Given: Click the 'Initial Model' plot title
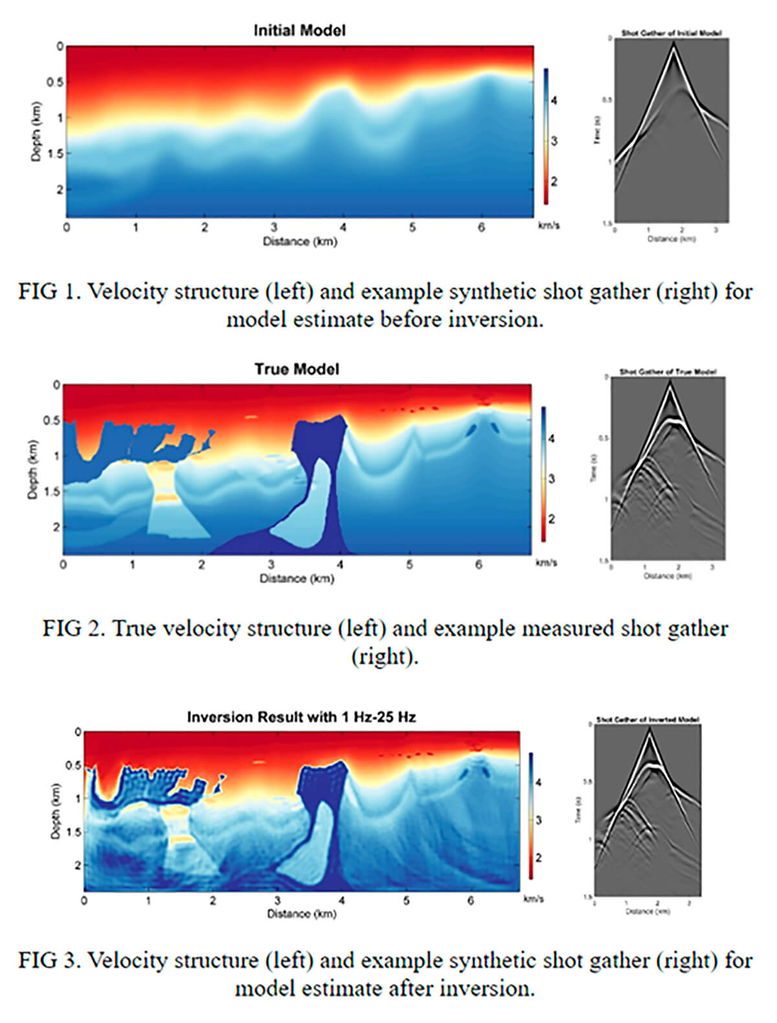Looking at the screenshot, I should tap(299, 30).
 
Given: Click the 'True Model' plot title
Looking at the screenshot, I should tap(297, 369).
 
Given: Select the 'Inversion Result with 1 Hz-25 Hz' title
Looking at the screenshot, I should tap(301, 717).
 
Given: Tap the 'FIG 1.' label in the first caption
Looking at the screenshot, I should tap(49, 291).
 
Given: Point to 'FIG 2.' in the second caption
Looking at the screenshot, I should tap(74, 628).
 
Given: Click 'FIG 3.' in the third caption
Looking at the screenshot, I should tap(49, 960).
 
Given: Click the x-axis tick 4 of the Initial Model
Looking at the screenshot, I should tap(343, 228).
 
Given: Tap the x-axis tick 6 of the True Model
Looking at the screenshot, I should tap(479, 565).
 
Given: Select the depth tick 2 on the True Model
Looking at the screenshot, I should tap(56, 527).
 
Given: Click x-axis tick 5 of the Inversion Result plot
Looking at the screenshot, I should tap(407, 901).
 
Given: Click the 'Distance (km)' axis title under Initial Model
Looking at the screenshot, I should tap(300, 242).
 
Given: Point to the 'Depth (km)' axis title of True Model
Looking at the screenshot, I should tap(32, 470).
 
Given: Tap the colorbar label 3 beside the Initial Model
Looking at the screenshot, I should tap(554, 141).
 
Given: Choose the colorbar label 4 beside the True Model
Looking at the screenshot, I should tap(551, 439).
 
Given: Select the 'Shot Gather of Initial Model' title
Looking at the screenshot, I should tap(671, 33).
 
